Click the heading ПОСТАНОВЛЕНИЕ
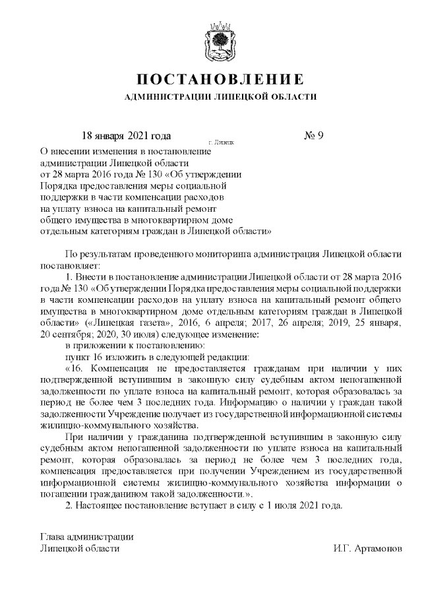point(220,80)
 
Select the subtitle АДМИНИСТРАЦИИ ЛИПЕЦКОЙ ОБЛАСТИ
point(220,97)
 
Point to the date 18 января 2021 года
point(125,137)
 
